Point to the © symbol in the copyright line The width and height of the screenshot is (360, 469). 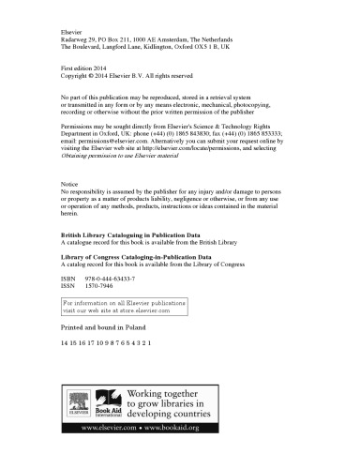coord(97,79)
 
